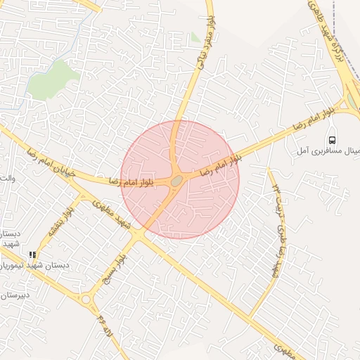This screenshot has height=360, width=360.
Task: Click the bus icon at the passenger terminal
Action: (333, 139)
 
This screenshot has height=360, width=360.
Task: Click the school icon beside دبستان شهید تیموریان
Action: (32, 255)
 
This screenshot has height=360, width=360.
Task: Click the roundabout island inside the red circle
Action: (176, 181)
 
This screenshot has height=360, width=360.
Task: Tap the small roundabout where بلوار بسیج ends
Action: (86, 300)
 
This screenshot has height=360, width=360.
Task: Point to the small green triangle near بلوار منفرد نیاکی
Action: (195, 38)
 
